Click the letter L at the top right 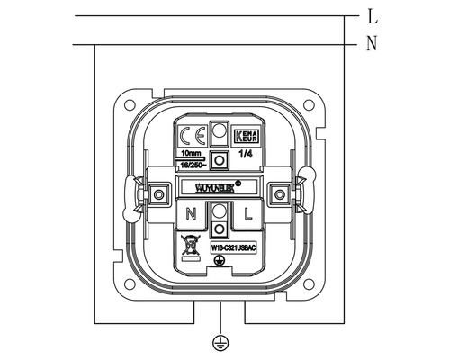(372, 16)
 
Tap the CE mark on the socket (191, 138)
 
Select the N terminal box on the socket (191, 214)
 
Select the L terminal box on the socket (247, 214)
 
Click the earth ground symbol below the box (219, 342)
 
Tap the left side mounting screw (160, 193)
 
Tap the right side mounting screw (278, 193)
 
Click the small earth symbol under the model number (219, 261)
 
